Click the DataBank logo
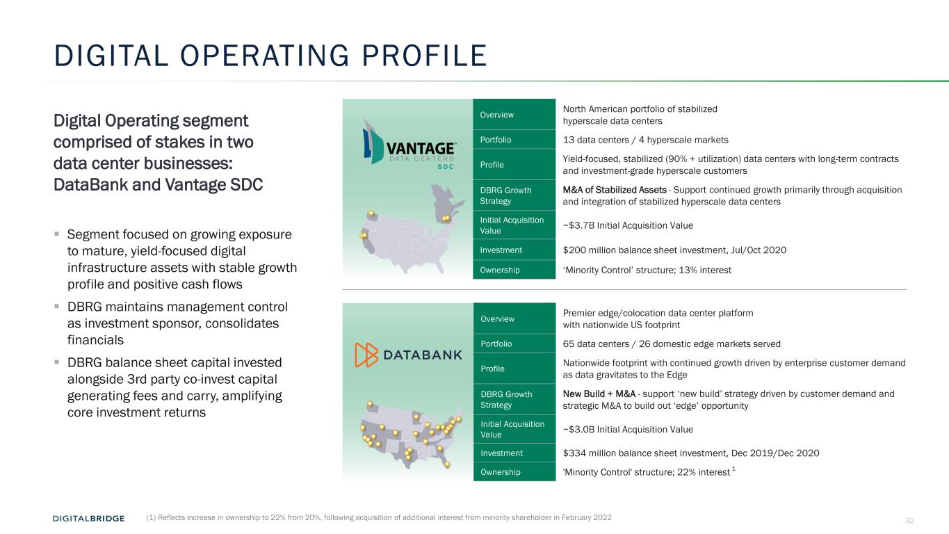coord(408,355)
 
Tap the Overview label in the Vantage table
coord(496,115)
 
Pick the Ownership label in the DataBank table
coord(501,472)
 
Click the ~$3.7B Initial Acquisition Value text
coord(628,225)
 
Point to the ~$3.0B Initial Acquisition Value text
coord(628,429)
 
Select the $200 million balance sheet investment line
coord(674,250)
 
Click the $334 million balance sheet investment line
coord(691,453)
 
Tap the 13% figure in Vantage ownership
coord(688,270)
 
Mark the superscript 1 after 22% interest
coord(733,469)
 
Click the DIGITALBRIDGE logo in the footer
coord(88,518)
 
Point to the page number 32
coord(909,520)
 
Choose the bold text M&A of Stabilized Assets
coord(615,190)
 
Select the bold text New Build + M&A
coord(599,394)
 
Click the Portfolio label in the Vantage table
coord(495,140)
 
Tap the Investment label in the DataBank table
coord(502,453)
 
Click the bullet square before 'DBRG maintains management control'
coord(56,305)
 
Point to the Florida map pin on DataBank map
coord(447,464)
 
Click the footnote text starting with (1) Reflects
coord(379,517)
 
